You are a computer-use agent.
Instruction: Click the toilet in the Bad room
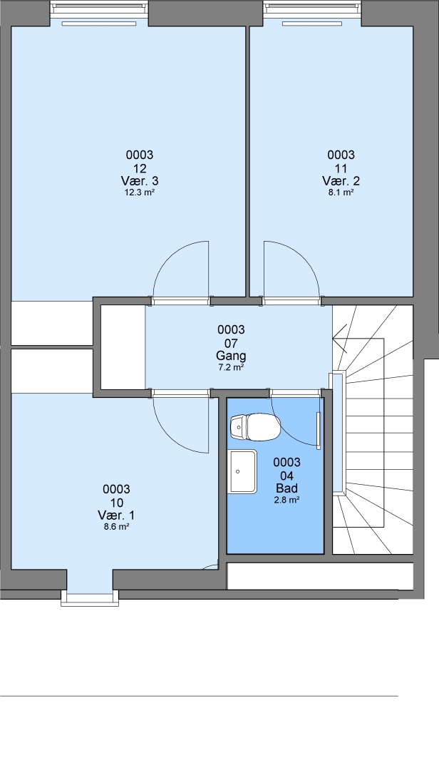[255, 427]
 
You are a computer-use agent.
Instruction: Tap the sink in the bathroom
[242, 471]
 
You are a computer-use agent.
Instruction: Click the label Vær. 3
[140, 180]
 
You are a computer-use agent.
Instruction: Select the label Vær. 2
[341, 180]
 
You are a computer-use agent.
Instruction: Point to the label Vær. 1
[116, 515]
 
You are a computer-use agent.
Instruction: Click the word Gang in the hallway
[231, 356]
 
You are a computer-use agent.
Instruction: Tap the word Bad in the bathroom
[286, 488]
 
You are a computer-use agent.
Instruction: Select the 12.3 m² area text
[140, 192]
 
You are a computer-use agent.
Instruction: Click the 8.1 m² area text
[341, 192]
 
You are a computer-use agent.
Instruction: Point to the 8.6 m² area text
[116, 527]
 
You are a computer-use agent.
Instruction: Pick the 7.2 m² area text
[231, 367]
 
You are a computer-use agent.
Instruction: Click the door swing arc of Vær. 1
[170, 437]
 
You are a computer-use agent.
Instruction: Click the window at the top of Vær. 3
[99, 9]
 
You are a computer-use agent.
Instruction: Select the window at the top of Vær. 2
[312, 9]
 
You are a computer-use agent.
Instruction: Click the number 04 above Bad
[286, 476]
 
